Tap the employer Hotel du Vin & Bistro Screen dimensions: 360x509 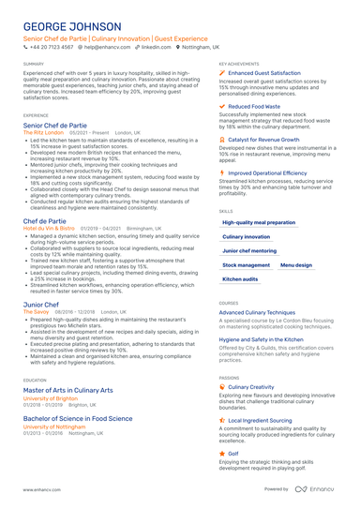[49, 228]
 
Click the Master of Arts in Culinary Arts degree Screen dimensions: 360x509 [67, 390]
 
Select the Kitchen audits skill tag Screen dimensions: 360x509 [240, 279]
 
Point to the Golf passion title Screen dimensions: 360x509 [233, 452]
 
